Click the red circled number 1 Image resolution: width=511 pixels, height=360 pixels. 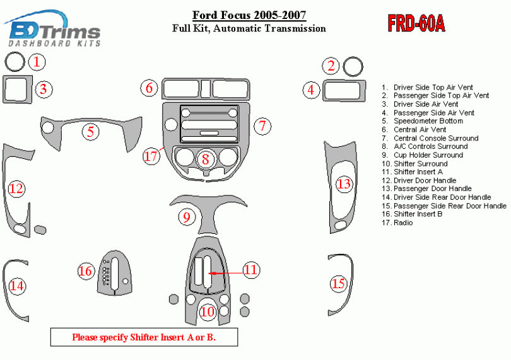point(38,62)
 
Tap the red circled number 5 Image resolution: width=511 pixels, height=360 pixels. point(91,132)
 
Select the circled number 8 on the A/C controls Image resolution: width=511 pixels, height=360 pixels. point(205,159)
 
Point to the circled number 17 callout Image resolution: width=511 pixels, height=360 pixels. point(151,156)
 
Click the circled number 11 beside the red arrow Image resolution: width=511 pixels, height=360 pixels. point(251,270)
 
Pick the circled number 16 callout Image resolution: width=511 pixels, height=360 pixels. point(85,271)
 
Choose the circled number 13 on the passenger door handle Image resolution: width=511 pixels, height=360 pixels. point(343,184)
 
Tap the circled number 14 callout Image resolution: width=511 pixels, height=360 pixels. point(17,286)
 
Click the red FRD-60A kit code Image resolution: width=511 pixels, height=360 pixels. point(416,24)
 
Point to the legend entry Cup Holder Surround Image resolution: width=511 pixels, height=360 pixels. point(428,155)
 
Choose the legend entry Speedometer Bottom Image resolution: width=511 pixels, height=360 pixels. point(428,121)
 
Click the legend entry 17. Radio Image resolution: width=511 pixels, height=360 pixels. point(397,223)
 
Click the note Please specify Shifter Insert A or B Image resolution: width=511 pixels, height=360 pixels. point(144,337)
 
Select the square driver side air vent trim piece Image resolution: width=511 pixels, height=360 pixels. point(17,89)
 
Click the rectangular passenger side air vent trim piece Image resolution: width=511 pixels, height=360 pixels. point(344,91)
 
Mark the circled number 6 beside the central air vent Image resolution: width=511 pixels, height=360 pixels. point(149,88)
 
